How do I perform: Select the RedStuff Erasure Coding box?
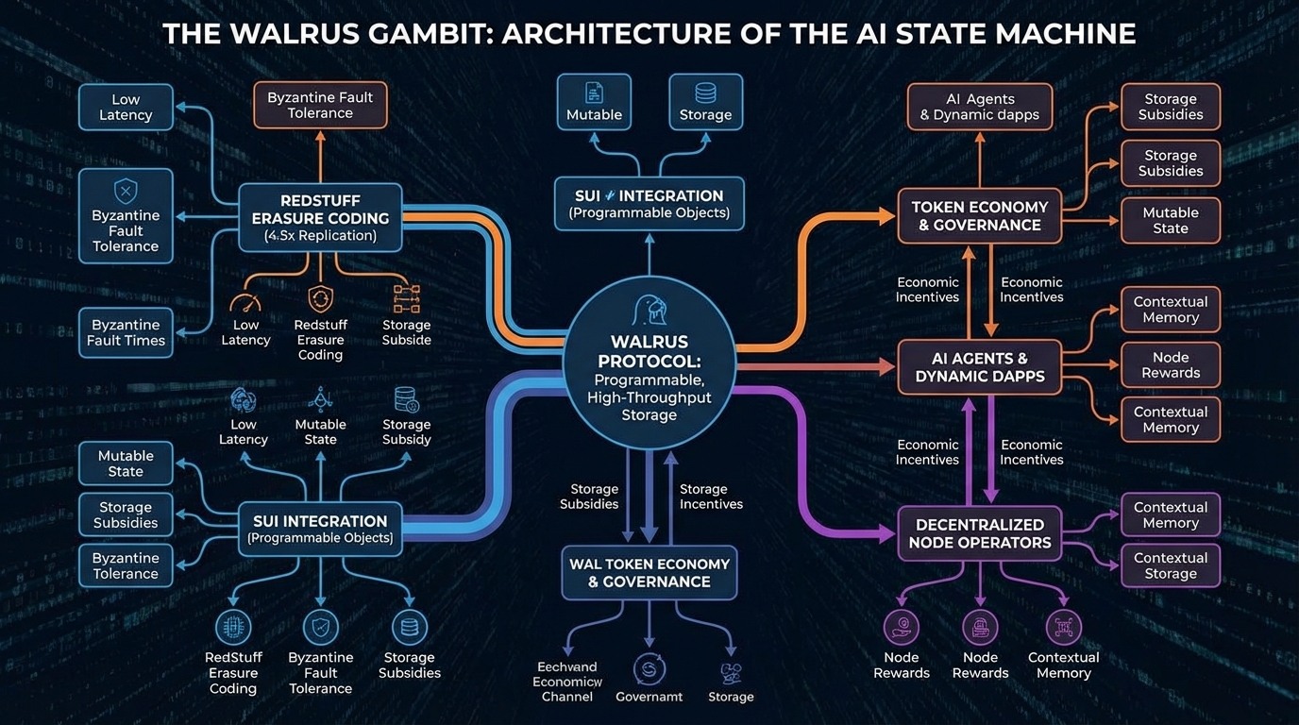tap(320, 217)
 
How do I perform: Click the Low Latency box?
tap(126, 107)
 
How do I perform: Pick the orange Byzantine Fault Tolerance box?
tap(320, 105)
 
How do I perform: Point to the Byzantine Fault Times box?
tap(126, 332)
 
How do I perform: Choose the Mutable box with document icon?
tap(594, 102)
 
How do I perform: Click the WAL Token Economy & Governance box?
tap(649, 573)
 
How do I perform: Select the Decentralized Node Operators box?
tap(979, 533)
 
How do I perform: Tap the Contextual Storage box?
tap(1170, 565)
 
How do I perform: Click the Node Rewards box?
tap(1170, 364)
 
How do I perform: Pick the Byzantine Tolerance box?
tap(126, 565)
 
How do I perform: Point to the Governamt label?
tap(649, 697)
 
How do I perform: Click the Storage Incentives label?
tap(711, 497)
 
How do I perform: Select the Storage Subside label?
tap(406, 332)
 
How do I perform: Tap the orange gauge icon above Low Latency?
tap(245, 302)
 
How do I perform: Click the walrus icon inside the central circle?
tap(649, 311)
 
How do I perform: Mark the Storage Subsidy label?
tap(406, 431)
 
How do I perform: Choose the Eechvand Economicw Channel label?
tap(567, 682)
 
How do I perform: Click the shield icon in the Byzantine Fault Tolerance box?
tap(126, 192)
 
